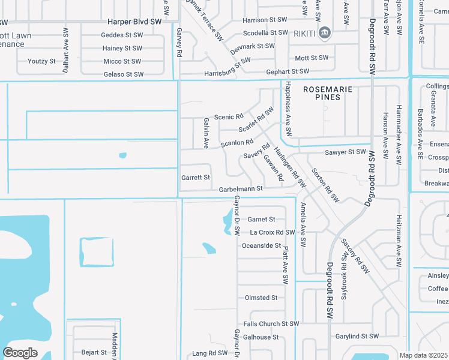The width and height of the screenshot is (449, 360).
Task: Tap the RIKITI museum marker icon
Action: tap(325, 32)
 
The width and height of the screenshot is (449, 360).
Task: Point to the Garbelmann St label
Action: tap(241, 188)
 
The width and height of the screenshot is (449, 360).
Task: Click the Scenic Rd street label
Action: tap(229, 116)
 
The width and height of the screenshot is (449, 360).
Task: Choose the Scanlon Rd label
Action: tap(237, 143)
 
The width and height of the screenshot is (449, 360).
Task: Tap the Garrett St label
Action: tap(196, 178)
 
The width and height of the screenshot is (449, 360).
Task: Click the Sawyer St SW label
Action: tap(345, 152)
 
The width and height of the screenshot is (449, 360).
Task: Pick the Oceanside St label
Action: tap(261, 245)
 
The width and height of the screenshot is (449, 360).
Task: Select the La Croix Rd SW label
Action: tap(273, 232)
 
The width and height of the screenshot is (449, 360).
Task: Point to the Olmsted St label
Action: tap(261, 298)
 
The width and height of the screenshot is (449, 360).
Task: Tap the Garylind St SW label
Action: tap(357, 337)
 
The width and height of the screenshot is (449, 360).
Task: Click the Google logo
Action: tap(20, 353)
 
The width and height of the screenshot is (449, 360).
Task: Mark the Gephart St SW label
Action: tap(288, 71)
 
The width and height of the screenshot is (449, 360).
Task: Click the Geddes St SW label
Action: tap(121, 35)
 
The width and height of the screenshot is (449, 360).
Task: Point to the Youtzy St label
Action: tap(41, 61)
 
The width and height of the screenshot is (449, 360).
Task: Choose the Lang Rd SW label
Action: tap(209, 353)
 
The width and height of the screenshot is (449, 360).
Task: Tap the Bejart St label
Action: tap(94, 352)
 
